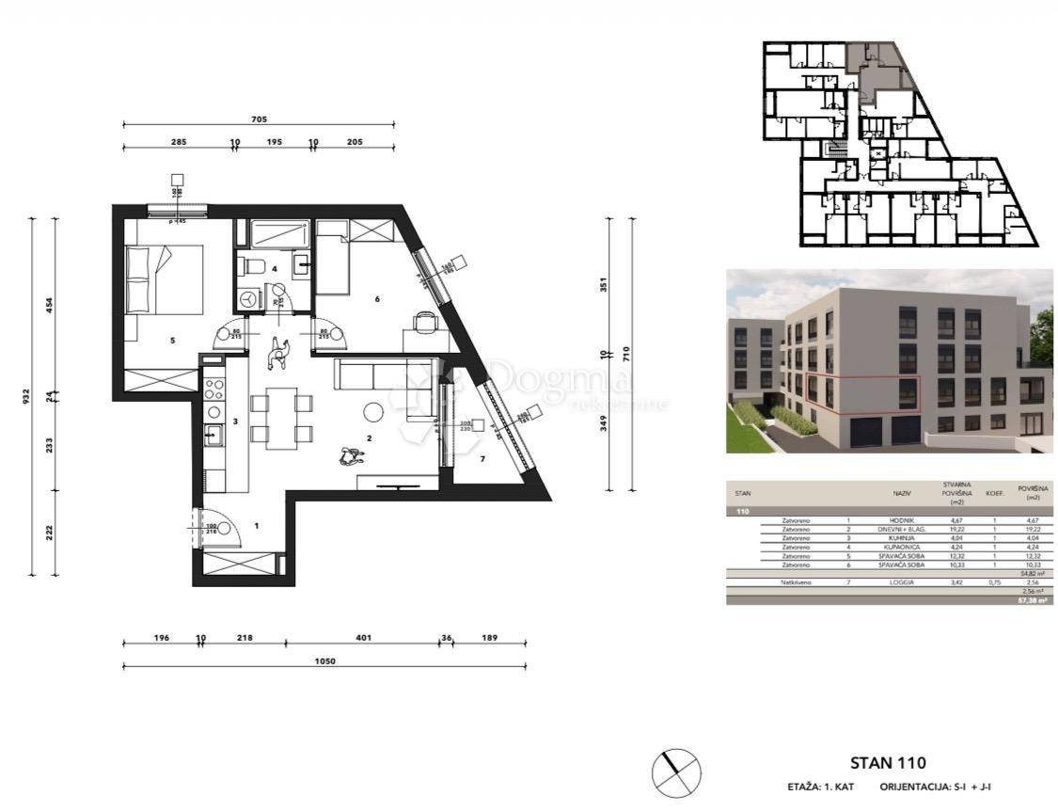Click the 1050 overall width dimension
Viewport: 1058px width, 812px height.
325,661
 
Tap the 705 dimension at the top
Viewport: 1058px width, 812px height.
260,119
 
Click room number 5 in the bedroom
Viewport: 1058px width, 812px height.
173,341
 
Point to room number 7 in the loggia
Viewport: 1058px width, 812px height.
482,459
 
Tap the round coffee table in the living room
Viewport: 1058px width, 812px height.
375,411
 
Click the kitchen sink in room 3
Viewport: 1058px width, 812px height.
213,435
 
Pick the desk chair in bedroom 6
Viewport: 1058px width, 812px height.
425,324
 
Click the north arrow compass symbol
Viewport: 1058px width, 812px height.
676,772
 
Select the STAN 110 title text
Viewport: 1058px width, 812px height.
888,763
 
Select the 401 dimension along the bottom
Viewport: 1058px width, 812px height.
363,638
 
